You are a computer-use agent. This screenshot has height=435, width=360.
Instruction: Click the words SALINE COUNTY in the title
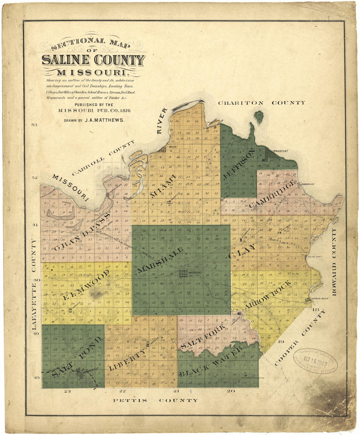point(93,61)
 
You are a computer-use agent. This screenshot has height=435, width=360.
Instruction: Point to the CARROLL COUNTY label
point(103,157)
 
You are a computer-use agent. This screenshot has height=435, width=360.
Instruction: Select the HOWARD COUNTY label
point(334,263)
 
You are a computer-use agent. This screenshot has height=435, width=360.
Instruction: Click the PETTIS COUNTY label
point(155,400)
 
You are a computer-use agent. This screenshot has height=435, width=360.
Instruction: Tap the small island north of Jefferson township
point(259,117)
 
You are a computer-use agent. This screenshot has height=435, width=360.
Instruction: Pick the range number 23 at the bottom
point(67,391)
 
